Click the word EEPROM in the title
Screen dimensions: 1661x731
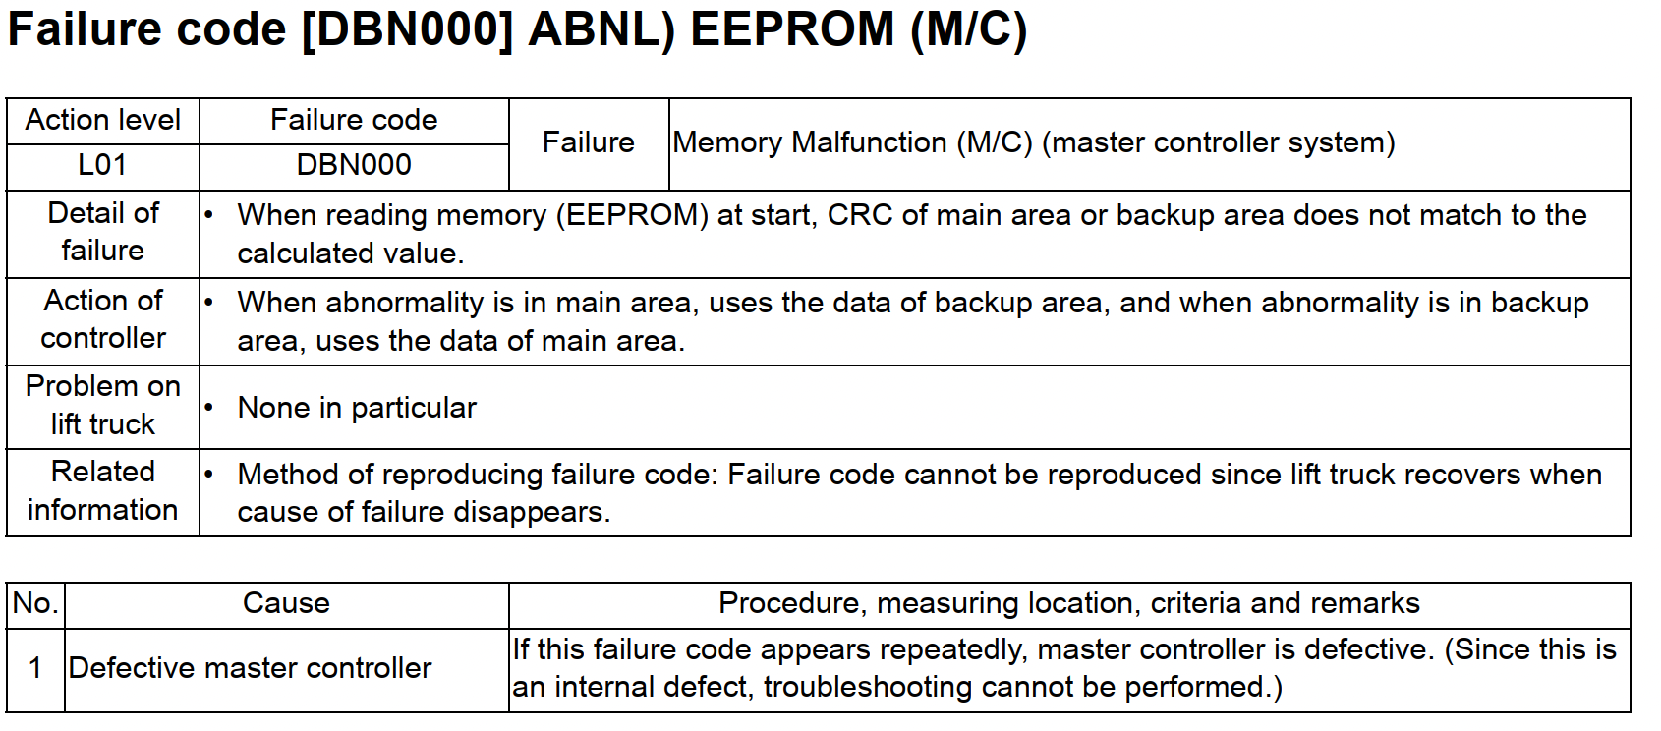(792, 29)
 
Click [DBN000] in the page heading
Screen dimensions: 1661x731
(407, 30)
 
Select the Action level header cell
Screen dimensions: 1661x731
(103, 121)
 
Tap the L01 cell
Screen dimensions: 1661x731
(103, 165)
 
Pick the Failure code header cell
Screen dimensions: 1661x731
(354, 121)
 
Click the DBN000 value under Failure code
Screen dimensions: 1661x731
(354, 165)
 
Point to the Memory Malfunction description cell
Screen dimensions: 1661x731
(1149, 143)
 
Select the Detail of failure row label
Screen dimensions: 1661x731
(103, 233)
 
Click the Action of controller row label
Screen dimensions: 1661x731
(103, 320)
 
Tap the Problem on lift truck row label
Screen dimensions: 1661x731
(103, 406)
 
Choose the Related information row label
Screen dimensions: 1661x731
(103, 491)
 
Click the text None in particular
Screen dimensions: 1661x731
(357, 409)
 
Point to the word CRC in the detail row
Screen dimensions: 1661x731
(860, 216)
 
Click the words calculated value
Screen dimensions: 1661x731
(350, 254)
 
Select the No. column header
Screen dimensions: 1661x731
(35, 604)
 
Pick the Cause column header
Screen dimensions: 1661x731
(286, 604)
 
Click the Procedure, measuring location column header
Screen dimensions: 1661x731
(1069, 604)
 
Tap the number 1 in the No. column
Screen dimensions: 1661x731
(34, 669)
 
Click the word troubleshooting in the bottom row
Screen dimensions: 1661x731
(868, 688)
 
